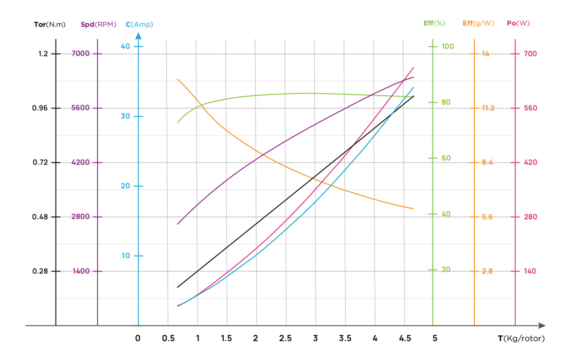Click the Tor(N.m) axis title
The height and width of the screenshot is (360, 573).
point(49,24)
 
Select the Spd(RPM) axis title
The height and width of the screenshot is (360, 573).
point(98,24)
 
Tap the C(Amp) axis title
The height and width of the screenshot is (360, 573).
point(139,24)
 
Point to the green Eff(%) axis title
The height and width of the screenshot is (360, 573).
point(434,23)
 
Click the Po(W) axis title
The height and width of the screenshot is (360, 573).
point(518,23)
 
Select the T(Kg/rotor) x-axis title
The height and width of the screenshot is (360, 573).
point(521,338)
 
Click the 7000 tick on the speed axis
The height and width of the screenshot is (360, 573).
point(80,53)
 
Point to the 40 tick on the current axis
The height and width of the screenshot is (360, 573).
point(126,46)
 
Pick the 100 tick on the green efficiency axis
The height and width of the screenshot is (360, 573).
point(447,46)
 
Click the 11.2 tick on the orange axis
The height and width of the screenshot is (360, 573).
point(488,108)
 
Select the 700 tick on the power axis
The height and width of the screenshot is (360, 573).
point(530,53)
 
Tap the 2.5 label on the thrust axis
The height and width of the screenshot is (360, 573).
point(285,338)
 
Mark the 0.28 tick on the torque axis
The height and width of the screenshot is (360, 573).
point(40,271)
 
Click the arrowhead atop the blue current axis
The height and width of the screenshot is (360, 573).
point(138,36)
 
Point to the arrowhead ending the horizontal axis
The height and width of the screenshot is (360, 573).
point(542,326)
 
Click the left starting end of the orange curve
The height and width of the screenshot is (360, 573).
point(177,79)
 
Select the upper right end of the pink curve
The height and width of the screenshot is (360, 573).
point(414,67)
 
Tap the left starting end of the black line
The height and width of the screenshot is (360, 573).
point(177,287)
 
